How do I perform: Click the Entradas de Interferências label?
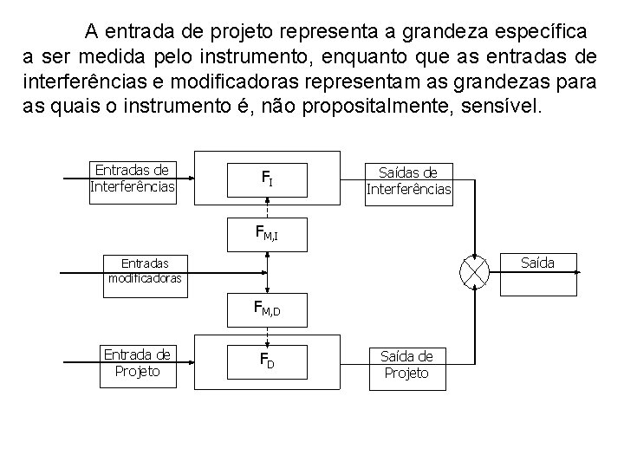133,179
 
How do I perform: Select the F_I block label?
268,179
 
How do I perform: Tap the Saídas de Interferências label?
408,180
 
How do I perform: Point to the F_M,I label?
266,232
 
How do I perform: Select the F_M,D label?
267,308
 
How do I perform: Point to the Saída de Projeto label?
406,364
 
